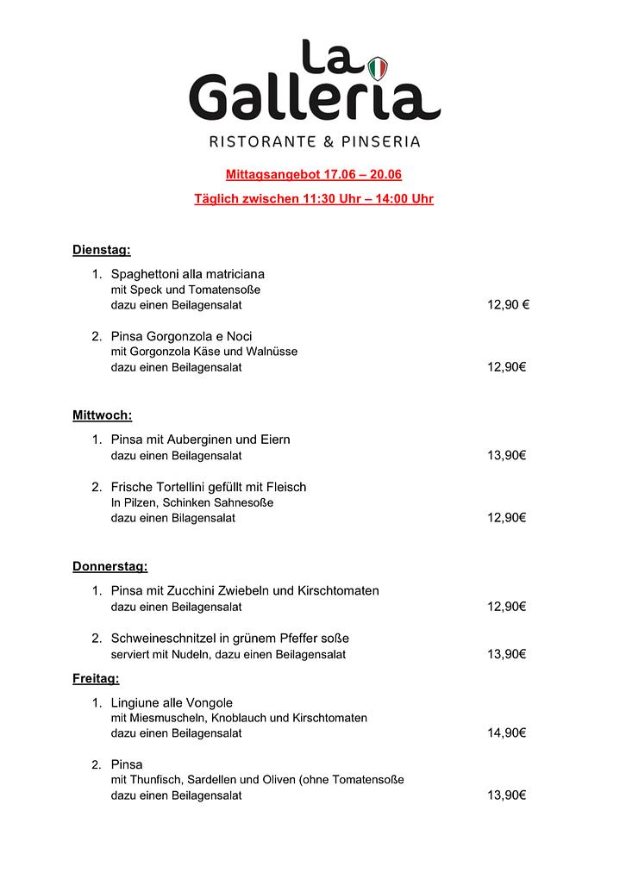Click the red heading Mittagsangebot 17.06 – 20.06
click(x=314, y=175)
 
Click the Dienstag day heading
click(x=101, y=251)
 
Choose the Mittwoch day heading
click(x=102, y=415)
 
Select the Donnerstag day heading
click(x=110, y=567)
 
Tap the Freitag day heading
click(x=96, y=679)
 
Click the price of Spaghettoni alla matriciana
click(x=508, y=305)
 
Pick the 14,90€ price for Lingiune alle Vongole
click(x=506, y=733)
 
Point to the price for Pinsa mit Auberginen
click(x=506, y=455)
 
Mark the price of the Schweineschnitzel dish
click(x=506, y=654)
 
